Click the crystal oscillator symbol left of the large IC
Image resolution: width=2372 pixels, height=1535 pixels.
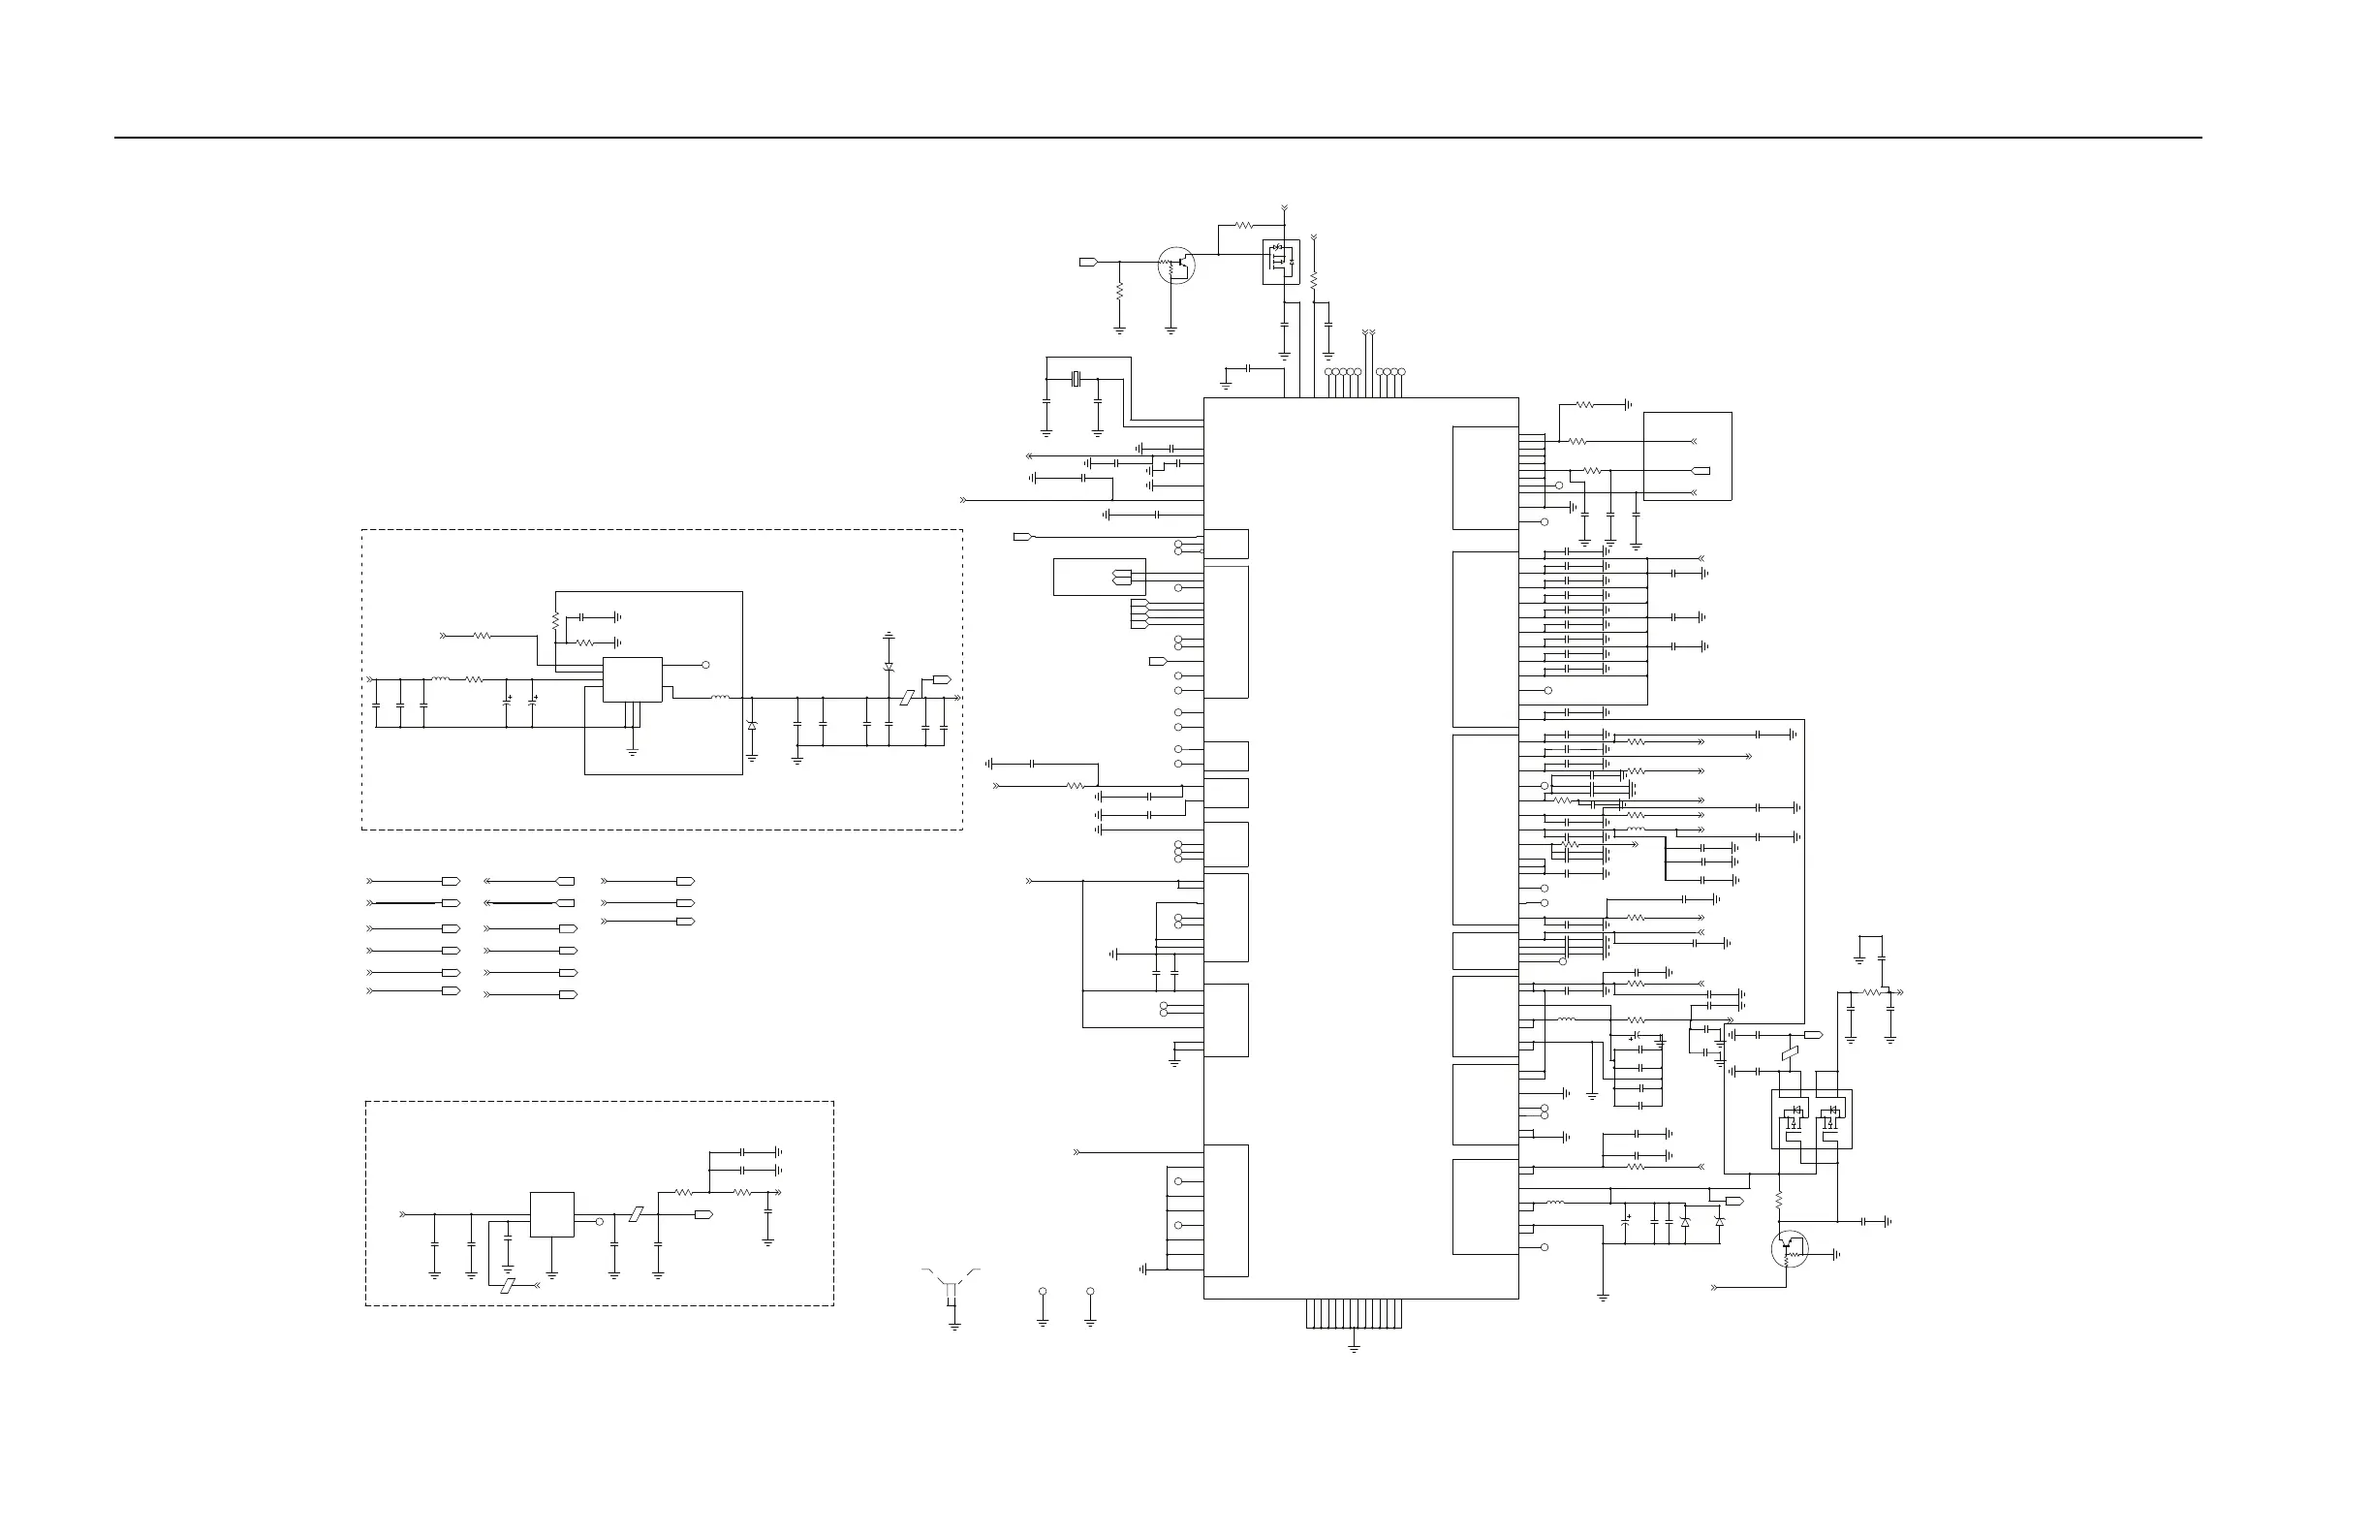pyautogui.click(x=1076, y=379)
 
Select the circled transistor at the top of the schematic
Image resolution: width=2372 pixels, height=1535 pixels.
pyautogui.click(x=1176, y=266)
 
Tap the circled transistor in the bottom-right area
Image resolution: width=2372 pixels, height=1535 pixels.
pyautogui.click(x=1790, y=1249)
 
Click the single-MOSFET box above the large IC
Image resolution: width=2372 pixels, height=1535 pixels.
pyautogui.click(x=1281, y=261)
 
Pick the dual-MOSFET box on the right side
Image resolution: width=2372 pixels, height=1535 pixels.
pyautogui.click(x=1811, y=1118)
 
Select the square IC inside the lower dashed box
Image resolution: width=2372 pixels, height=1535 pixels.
pyautogui.click(x=551, y=1214)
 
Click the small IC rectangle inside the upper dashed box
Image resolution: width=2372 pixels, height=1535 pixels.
pyautogui.click(x=632, y=678)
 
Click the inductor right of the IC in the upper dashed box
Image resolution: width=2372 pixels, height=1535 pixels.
pyautogui.click(x=720, y=698)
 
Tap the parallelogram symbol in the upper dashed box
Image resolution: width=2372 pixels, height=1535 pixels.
pyautogui.click(x=906, y=698)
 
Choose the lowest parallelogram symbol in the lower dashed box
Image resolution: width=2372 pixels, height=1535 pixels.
pyautogui.click(x=509, y=1285)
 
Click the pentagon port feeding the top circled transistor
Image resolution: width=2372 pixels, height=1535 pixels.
pyautogui.click(x=1088, y=263)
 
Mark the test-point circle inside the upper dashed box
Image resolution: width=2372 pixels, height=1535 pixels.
pyautogui.click(x=705, y=664)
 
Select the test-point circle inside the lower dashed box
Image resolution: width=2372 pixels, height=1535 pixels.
pyautogui.click(x=599, y=1221)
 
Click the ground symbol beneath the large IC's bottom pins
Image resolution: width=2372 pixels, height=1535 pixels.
pyautogui.click(x=1354, y=1348)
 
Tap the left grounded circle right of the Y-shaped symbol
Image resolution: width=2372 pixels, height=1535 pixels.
pyautogui.click(x=1043, y=1292)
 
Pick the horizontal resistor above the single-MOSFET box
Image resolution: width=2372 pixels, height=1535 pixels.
pyautogui.click(x=1244, y=225)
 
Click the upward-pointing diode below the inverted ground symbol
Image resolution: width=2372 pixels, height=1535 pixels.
pyautogui.click(x=888, y=666)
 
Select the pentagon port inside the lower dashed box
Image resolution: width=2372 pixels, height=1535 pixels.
pyautogui.click(x=702, y=1215)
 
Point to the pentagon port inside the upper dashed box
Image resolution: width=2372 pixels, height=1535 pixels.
pyautogui.click(x=942, y=679)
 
